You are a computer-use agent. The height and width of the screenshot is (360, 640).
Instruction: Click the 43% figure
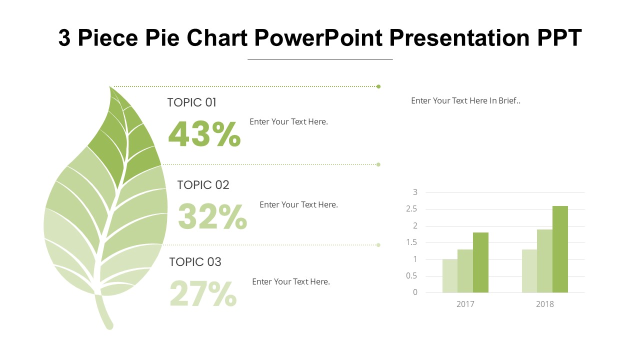[x=204, y=134]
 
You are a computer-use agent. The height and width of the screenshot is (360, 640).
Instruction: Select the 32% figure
[x=212, y=216]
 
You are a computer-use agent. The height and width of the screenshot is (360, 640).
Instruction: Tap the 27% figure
[x=203, y=294]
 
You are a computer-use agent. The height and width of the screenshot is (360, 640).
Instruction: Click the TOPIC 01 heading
[x=191, y=102]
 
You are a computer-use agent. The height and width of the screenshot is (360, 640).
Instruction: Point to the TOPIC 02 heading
[x=203, y=185]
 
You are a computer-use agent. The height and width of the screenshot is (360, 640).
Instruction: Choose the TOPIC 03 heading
[x=195, y=262]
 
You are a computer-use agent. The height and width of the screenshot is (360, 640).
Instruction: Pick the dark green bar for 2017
[x=480, y=262]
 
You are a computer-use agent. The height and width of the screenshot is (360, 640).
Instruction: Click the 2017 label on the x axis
[x=465, y=304]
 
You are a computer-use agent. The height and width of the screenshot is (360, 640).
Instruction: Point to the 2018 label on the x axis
[x=545, y=304]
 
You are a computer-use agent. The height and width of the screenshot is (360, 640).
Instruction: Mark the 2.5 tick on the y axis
[x=411, y=209]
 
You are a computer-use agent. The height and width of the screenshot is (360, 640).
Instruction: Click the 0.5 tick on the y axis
[x=411, y=276]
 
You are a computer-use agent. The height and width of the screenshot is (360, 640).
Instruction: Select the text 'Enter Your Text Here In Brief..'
[x=465, y=100]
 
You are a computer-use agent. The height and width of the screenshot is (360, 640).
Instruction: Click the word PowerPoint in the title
[x=317, y=38]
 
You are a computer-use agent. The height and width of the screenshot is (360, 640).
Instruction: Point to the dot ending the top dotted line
[x=378, y=86]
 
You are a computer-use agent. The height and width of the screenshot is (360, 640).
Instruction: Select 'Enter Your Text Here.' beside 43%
[x=288, y=121]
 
